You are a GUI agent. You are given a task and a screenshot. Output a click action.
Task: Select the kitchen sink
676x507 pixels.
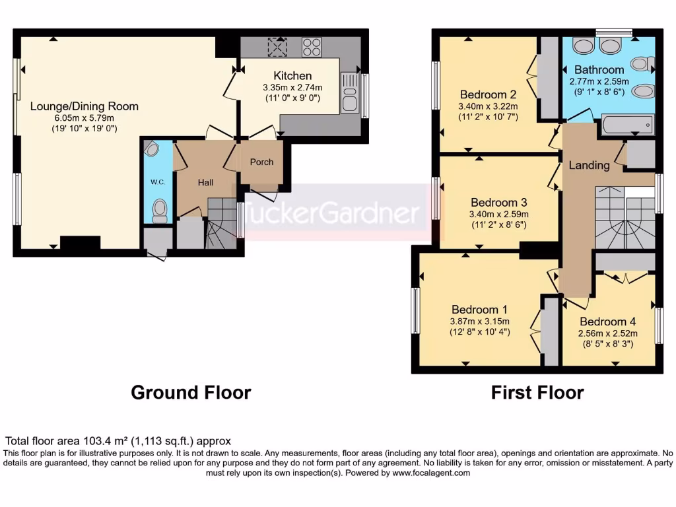point(349,92)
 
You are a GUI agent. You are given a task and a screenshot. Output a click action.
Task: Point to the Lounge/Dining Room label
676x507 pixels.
point(84,106)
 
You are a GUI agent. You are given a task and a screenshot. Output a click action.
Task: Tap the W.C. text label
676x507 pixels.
point(158,182)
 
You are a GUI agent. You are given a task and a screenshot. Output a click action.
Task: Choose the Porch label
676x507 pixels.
point(261,162)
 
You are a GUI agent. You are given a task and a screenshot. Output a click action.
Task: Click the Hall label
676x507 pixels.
point(205,182)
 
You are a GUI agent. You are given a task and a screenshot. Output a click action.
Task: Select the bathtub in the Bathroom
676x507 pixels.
point(627,124)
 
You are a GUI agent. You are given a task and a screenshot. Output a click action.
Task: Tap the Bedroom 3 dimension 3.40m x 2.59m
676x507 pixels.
point(498,214)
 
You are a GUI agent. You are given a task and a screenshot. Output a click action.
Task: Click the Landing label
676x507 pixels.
point(589,165)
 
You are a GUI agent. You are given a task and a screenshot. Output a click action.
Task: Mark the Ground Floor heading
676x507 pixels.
point(191,393)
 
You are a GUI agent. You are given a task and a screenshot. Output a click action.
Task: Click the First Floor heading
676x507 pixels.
point(537,393)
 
